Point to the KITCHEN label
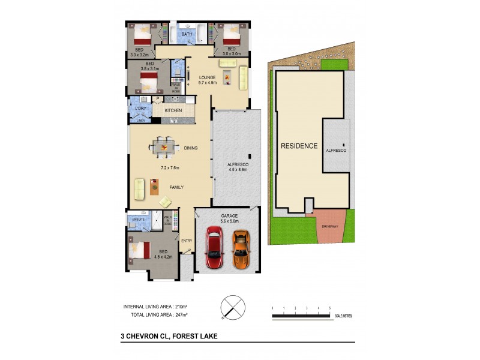173,111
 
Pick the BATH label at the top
187,35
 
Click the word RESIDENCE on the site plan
299,146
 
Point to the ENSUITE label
139,220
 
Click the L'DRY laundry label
141,109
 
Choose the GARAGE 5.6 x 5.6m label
228,218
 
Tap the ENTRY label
187,241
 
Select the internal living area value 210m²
180,307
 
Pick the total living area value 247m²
180,314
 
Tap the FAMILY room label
176,188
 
